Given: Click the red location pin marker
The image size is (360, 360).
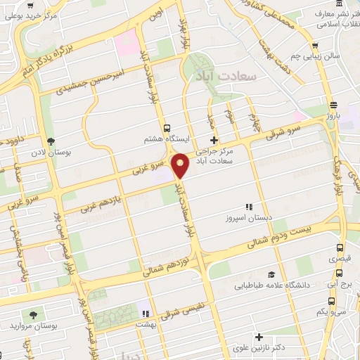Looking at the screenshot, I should [181, 165].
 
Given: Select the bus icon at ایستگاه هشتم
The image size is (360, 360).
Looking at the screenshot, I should [166, 128].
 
